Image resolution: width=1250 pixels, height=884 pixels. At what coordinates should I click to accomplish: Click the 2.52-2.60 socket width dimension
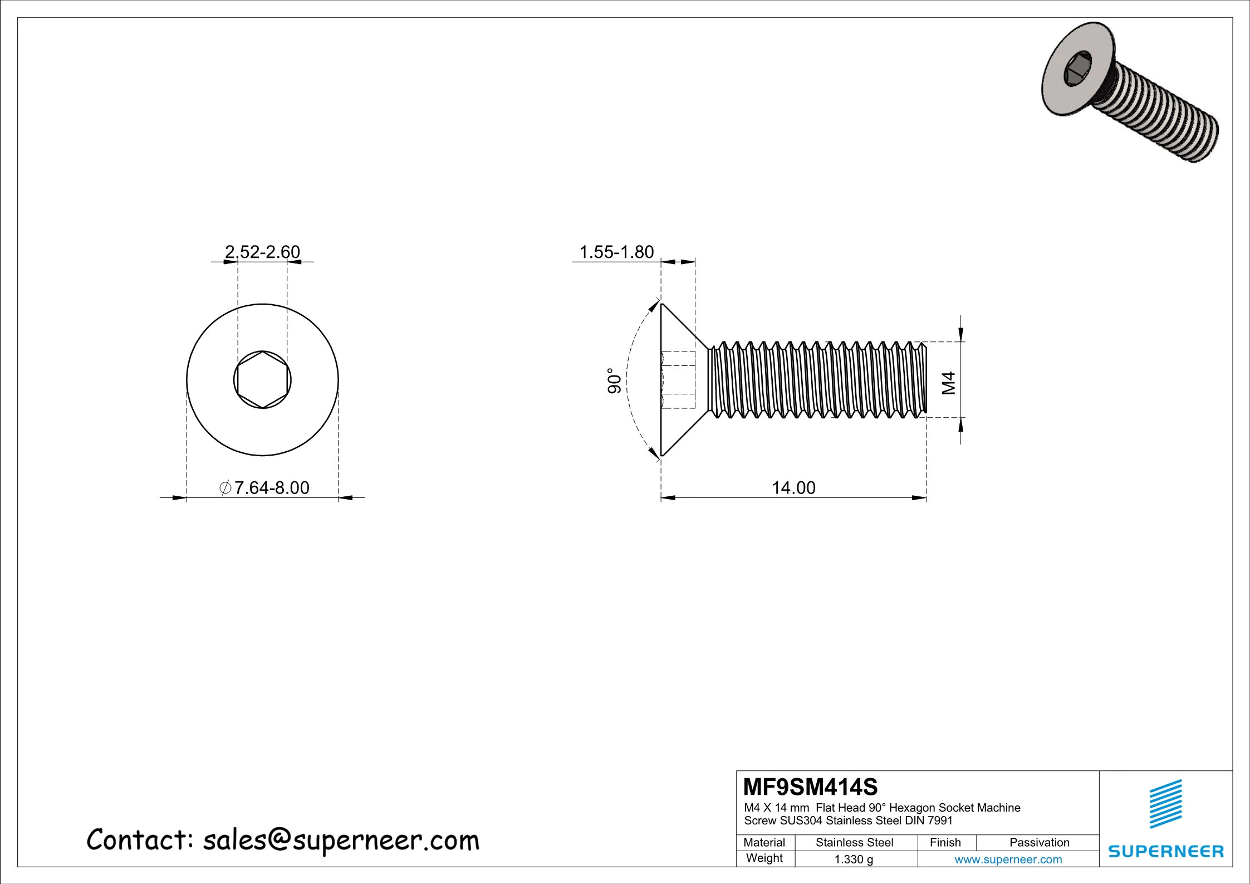click(x=262, y=252)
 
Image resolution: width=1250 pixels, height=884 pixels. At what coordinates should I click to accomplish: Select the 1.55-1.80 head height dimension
click(x=616, y=252)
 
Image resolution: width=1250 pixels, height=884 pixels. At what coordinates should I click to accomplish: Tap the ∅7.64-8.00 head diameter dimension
click(x=264, y=488)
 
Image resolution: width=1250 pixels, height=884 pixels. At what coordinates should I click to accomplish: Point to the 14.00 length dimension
click(x=793, y=488)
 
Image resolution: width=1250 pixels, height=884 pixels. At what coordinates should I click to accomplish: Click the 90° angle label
click(x=614, y=381)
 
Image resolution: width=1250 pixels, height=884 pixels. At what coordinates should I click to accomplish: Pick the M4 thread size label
click(x=949, y=383)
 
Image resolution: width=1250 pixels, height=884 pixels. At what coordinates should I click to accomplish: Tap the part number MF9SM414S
click(x=810, y=787)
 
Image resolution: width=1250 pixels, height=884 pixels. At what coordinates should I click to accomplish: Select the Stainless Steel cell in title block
click(x=854, y=842)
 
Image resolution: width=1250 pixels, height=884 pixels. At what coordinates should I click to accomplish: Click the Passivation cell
click(x=1039, y=842)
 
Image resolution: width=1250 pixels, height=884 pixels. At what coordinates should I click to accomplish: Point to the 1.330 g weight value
click(x=854, y=859)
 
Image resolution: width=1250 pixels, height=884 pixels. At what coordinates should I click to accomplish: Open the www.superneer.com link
click(x=1008, y=859)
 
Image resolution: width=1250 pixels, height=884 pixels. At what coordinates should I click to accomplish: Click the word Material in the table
click(x=764, y=842)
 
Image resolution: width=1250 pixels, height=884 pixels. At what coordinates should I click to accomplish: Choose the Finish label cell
click(x=945, y=842)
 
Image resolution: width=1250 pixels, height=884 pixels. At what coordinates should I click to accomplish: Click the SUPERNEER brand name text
click(x=1166, y=852)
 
